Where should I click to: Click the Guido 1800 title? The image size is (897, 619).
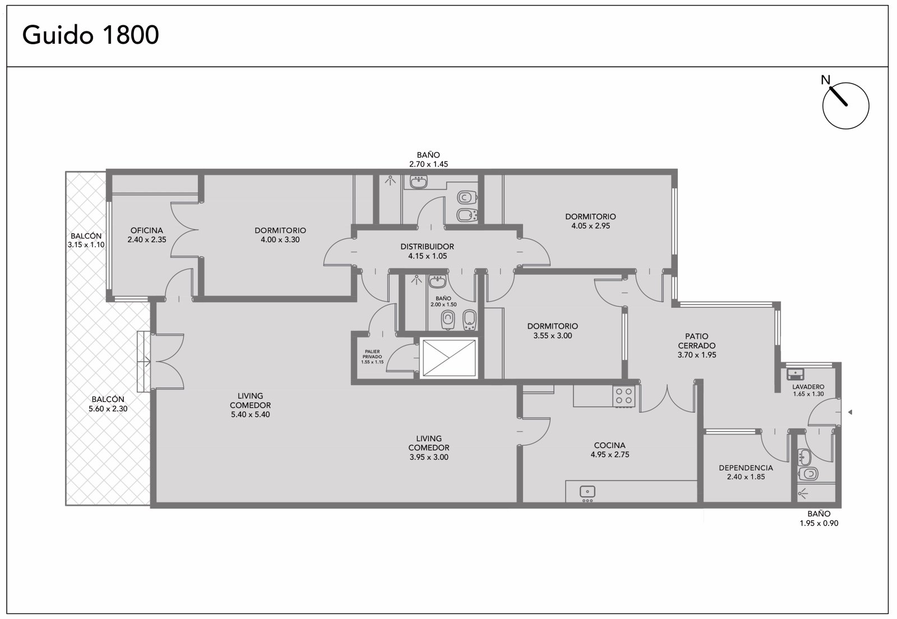tap(90, 35)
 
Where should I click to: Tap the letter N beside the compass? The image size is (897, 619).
tap(825, 80)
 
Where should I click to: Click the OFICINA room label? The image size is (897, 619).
tap(146, 230)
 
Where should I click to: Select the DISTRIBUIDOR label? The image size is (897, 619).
tap(427, 247)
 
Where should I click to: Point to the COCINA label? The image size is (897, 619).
tap(609, 445)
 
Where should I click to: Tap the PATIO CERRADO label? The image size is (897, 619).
tap(697, 341)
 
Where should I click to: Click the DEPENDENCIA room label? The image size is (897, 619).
tap(746, 468)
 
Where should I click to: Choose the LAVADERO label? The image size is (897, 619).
tap(808, 387)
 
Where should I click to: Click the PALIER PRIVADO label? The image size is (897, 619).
tap(372, 354)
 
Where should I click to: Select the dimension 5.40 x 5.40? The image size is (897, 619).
tap(250, 414)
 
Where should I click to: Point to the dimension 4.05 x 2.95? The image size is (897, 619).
tap(591, 226)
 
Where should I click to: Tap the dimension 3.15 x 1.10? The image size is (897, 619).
tap(86, 244)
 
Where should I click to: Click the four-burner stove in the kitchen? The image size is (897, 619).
tap(624, 396)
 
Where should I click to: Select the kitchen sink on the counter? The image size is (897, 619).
tap(588, 491)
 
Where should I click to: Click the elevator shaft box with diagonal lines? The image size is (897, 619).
tap(449, 358)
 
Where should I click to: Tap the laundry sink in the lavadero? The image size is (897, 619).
tap(796, 375)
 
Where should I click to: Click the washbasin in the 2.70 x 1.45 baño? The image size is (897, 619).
tap(418, 182)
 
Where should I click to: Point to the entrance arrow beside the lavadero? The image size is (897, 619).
tap(850, 412)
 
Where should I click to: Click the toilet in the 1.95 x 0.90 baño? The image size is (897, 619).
tap(808, 474)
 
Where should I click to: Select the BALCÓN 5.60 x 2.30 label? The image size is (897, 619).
tap(108, 404)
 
